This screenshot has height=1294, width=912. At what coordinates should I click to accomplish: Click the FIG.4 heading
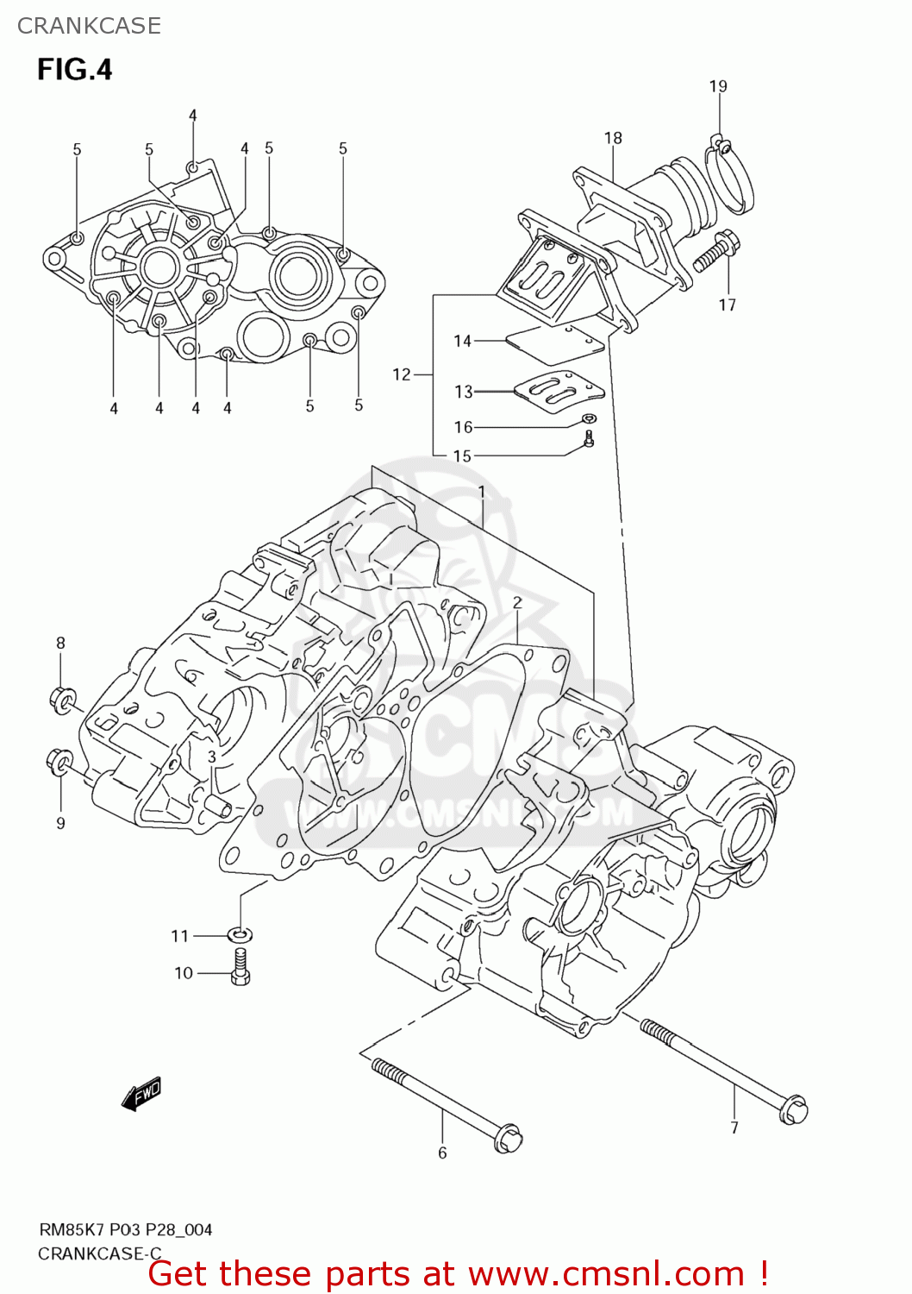pyautogui.click(x=75, y=69)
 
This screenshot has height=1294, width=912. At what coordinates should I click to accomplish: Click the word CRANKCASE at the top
pyautogui.click(x=89, y=26)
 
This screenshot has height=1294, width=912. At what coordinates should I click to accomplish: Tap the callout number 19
pyautogui.click(x=718, y=86)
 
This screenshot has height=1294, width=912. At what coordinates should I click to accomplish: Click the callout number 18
pyautogui.click(x=613, y=138)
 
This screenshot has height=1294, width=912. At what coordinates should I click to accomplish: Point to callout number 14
pyautogui.click(x=463, y=341)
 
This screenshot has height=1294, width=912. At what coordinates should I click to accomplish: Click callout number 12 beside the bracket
pyautogui.click(x=402, y=374)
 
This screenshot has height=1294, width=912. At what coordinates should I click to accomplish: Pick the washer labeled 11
pyautogui.click(x=240, y=934)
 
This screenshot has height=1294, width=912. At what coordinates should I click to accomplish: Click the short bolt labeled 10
pyautogui.click(x=240, y=966)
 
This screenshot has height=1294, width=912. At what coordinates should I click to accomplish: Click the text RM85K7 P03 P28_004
pyautogui.click(x=125, y=1229)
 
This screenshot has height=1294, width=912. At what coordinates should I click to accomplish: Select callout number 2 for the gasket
pyautogui.click(x=517, y=603)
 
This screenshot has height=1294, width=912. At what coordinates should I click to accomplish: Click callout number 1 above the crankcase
pyautogui.click(x=482, y=493)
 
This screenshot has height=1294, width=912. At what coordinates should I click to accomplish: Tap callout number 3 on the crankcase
pyautogui.click(x=211, y=757)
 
